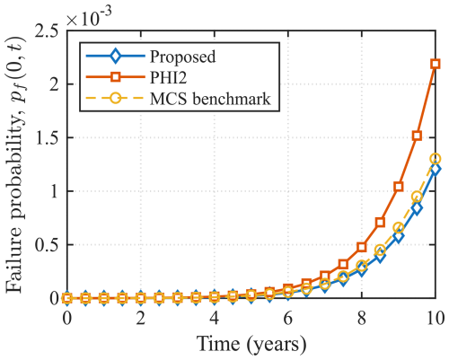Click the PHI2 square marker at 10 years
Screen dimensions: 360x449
click(x=436, y=64)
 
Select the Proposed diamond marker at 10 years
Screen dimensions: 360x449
click(x=436, y=169)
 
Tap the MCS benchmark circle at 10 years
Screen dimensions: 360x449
click(x=436, y=159)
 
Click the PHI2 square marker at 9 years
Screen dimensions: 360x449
click(x=399, y=187)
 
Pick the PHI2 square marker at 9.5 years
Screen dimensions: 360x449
click(x=417, y=136)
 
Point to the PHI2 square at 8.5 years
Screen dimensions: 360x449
click(x=380, y=222)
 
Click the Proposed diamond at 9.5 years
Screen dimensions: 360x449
click(x=417, y=208)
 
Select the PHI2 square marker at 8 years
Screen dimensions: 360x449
click(x=362, y=247)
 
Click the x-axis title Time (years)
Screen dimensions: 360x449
click(x=251, y=344)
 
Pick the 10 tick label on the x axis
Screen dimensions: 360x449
click(x=436, y=318)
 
